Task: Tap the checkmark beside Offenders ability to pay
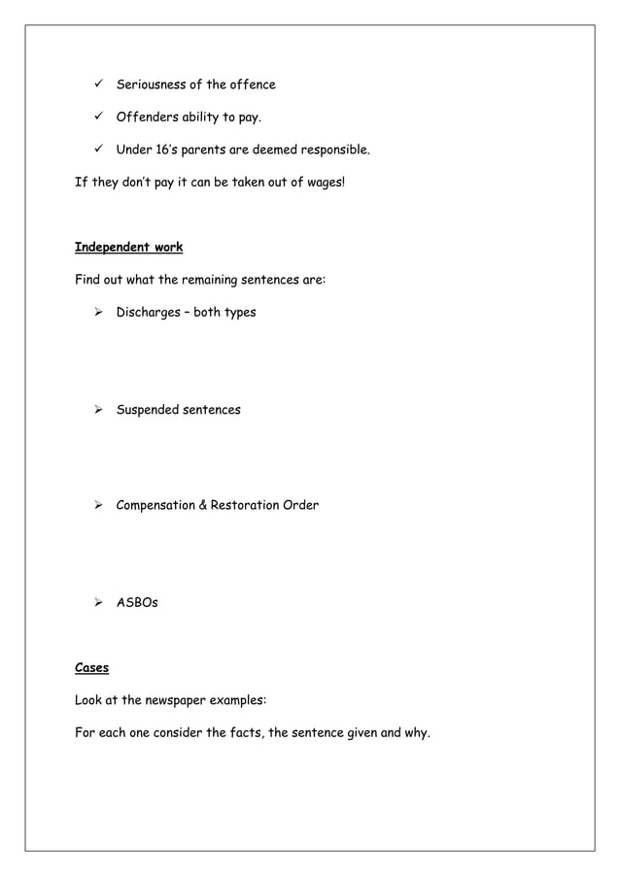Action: click(98, 118)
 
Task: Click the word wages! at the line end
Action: click(322, 184)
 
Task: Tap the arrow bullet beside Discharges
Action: click(98, 313)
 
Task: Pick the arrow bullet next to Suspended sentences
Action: click(98, 410)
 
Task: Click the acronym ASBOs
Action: click(137, 602)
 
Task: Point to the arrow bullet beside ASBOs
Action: click(98, 602)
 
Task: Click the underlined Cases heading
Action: click(92, 667)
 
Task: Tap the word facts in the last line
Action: click(244, 732)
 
